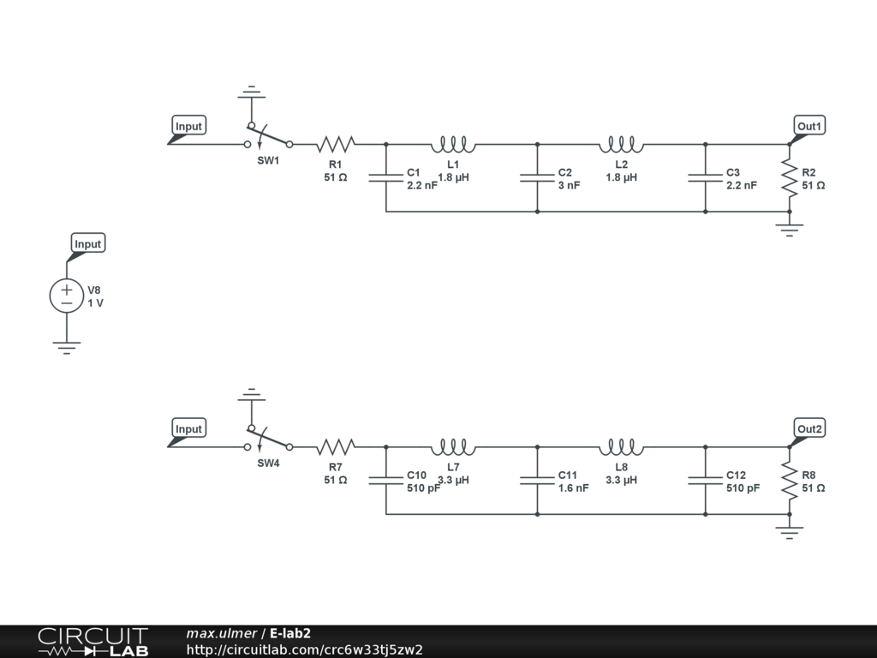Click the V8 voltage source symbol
(67, 296)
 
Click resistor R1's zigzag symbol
(336, 144)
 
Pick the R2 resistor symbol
(789, 178)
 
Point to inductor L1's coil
(453, 144)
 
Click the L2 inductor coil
(622, 144)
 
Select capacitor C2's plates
(538, 178)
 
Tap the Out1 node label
(809, 127)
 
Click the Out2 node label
(809, 429)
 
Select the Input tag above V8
(88, 244)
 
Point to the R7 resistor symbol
(336, 447)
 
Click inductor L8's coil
(622, 447)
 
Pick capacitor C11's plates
(538, 481)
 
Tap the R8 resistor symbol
(789, 481)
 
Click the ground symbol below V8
(67, 348)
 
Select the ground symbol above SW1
(252, 92)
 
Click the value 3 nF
(569, 185)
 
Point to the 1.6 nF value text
(573, 488)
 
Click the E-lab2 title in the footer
(290, 633)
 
